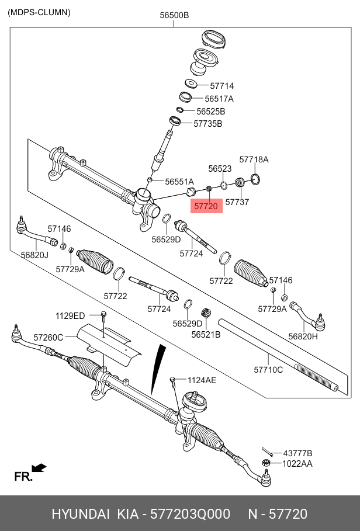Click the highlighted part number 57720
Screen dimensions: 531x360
[206, 206]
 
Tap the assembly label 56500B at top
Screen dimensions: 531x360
[174, 16]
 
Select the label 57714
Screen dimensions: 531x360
[221, 86]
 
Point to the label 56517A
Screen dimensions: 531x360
[219, 99]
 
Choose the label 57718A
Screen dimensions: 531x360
[254, 159]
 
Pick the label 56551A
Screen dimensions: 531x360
[179, 182]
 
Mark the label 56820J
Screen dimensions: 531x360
[34, 255]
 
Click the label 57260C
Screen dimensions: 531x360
[48, 337]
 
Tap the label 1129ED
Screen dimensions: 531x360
[70, 315]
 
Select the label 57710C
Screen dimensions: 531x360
[268, 369]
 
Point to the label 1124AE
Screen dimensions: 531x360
[202, 380]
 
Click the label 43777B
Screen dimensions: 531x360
[297, 453]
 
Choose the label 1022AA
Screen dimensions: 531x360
[297, 464]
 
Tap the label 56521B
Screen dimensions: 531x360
[206, 334]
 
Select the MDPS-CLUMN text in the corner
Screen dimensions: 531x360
[39, 12]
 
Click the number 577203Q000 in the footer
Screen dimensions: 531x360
[190, 514]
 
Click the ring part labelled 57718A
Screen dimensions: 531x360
[255, 178]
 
